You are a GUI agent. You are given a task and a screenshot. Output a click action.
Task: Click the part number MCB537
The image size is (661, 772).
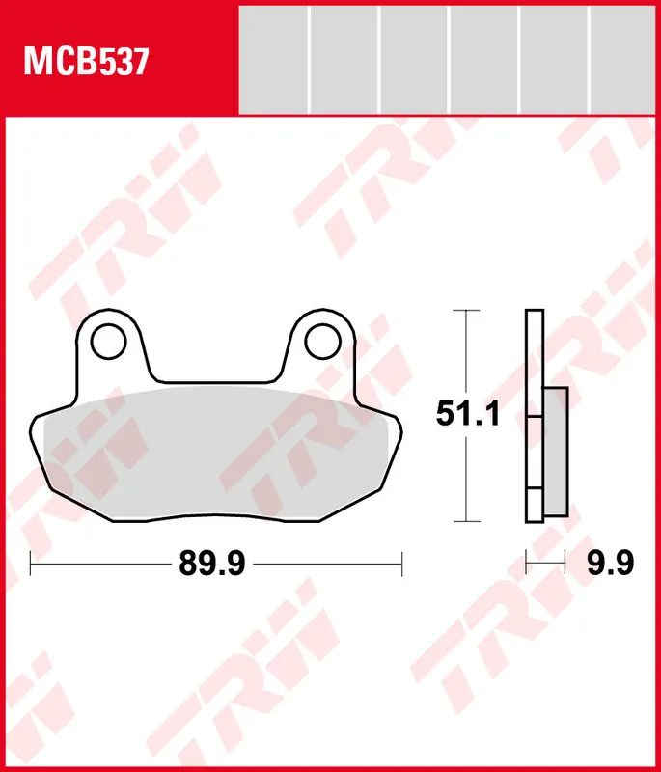(86, 62)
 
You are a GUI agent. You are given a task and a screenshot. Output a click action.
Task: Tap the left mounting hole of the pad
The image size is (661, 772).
(109, 342)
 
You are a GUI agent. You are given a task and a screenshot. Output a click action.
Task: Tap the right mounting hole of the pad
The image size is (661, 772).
(322, 342)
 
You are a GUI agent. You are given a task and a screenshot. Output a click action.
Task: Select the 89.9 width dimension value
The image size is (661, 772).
(212, 564)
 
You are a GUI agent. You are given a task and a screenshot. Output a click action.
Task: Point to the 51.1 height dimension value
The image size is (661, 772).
(468, 414)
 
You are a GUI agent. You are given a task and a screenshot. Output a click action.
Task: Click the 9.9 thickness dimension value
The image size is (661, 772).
(610, 564)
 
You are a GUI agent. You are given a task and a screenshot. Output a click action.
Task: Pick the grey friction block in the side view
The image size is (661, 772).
(556, 452)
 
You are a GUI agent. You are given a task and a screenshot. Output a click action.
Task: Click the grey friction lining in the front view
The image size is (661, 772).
(215, 453)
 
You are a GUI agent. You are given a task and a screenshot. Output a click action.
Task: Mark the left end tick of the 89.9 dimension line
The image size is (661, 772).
(31, 564)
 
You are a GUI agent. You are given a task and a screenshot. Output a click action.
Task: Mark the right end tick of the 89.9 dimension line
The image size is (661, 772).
(402, 564)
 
